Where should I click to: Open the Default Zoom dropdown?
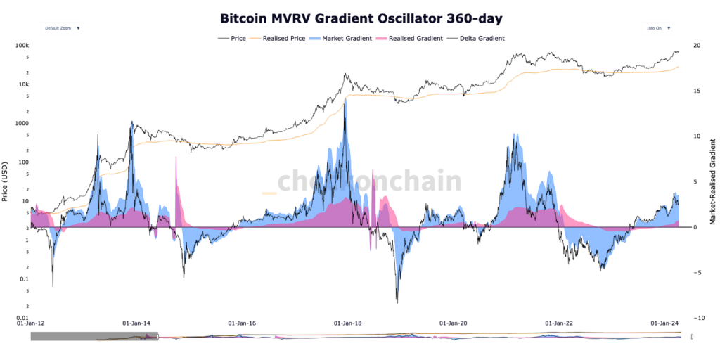pos(63,29)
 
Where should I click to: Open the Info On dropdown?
pos(657,29)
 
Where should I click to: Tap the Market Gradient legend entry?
pos(342,38)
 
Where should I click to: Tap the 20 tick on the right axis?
pos(696,46)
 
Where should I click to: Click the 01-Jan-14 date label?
pos(136,324)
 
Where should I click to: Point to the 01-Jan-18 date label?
pos(348,324)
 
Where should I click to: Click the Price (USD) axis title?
pos(6,181)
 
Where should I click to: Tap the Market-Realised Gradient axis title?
pos(713,181)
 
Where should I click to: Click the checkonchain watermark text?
pos(369,181)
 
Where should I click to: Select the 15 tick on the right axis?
pos(696,91)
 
